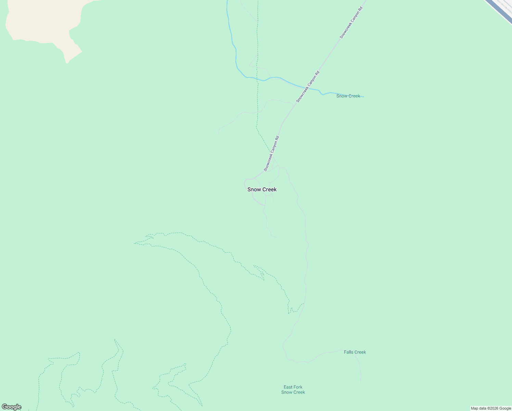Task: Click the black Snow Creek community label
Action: pyautogui.click(x=262, y=189)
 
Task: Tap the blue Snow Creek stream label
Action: pyautogui.click(x=348, y=96)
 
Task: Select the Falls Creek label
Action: pyautogui.click(x=355, y=352)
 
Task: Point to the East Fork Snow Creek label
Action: pyautogui.click(x=293, y=390)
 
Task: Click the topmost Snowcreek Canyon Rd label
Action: pyautogui.click(x=351, y=21)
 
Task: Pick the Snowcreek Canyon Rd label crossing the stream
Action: pyautogui.click(x=308, y=86)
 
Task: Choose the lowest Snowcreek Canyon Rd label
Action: pyautogui.click(x=272, y=153)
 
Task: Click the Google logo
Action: pyautogui.click(x=11, y=407)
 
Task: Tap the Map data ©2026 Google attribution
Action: pyautogui.click(x=491, y=408)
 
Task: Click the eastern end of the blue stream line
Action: pyautogui.click(x=363, y=97)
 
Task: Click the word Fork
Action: pyautogui.click(x=298, y=387)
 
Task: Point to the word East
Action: pyautogui.click(x=288, y=387)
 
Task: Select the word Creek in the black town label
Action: pyautogui.click(x=269, y=189)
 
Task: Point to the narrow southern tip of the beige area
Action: pyautogui.click(x=67, y=62)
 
